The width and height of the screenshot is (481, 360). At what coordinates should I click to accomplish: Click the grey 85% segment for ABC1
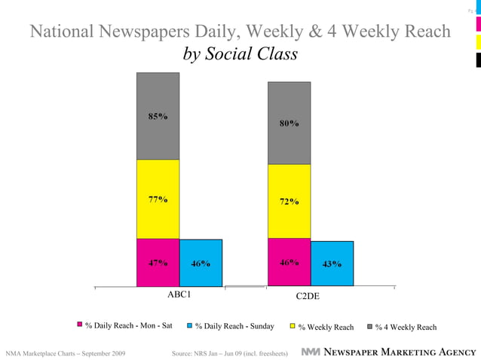[x=158, y=116]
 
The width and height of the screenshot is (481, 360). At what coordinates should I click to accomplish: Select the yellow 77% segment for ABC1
[x=158, y=199]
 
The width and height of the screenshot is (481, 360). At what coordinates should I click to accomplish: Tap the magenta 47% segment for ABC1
[x=158, y=263]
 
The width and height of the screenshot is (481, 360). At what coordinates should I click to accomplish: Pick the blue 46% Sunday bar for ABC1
[x=201, y=263]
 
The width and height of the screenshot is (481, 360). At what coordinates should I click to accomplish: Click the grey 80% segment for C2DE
[x=289, y=123]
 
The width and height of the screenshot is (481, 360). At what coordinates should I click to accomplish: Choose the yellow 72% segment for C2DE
[x=289, y=201]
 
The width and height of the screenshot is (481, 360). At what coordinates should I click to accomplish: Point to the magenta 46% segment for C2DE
[x=289, y=262]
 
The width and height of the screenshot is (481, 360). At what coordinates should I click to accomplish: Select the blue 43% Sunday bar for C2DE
[x=332, y=264]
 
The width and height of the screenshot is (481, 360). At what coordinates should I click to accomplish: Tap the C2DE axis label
[x=308, y=297]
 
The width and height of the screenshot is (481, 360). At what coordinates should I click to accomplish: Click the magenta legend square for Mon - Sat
[x=79, y=325]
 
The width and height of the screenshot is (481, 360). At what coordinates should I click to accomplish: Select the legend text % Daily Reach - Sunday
[x=234, y=326]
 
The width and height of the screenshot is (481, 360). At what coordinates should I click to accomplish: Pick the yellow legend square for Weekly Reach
[x=293, y=326]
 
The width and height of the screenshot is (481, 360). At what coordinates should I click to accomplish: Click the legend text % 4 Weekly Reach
[x=406, y=327]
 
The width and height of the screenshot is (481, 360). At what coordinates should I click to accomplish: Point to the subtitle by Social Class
[x=240, y=55]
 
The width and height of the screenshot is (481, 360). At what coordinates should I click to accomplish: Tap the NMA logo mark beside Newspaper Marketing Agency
[x=310, y=352]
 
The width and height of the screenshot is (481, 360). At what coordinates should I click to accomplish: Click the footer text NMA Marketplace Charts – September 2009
[x=66, y=352]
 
